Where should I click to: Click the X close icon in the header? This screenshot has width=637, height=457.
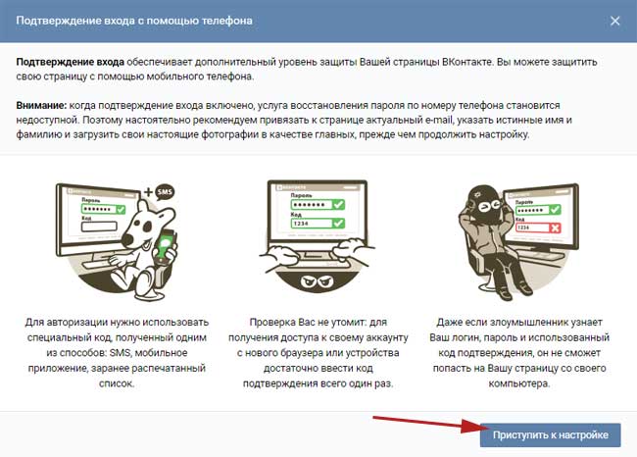615,21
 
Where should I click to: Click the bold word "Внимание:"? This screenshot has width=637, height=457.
41,105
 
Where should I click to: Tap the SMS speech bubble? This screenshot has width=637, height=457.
165,192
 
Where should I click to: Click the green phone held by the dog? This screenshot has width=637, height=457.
166,245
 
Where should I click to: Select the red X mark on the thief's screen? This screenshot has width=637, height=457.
555,228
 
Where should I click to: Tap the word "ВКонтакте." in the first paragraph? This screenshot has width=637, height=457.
467,62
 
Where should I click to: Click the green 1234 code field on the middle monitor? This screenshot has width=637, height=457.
318,224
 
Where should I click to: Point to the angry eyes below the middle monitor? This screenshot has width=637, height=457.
317,280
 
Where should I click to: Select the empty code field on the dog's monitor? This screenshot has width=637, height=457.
99,227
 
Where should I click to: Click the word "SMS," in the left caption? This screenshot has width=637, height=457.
121,352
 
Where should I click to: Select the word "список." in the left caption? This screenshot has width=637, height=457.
117,383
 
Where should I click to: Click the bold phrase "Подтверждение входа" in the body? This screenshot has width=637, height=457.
71,62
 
